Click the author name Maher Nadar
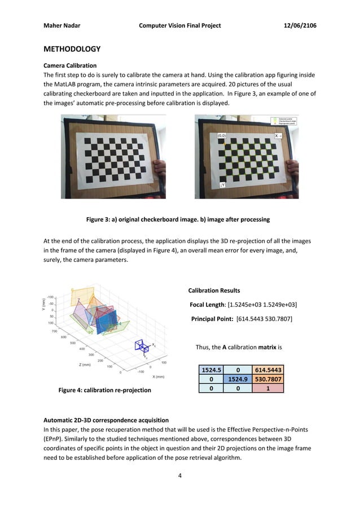coord(64,25)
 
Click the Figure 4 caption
coord(105,390)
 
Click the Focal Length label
coord(212,305)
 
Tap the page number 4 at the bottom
coord(179,476)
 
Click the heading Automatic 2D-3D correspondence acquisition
coord(107,421)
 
